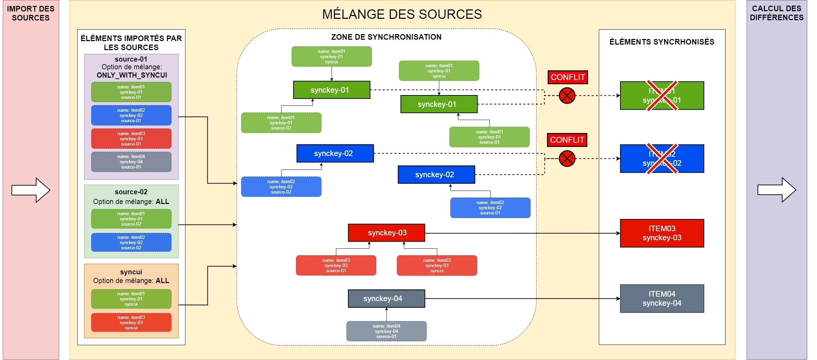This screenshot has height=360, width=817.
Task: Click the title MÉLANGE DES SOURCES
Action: pos(402,14)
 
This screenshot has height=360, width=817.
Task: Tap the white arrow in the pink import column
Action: pos(31,190)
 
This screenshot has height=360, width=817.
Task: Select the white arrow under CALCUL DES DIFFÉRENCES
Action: pos(777,190)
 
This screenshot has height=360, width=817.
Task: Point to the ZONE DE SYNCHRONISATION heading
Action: pos(386,37)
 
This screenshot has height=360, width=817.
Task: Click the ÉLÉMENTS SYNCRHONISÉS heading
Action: pos(662,42)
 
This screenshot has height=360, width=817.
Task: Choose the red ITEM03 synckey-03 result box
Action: pos(662,233)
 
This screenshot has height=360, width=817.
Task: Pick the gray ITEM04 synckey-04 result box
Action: pos(662,299)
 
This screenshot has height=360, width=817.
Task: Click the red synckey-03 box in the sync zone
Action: pos(386,233)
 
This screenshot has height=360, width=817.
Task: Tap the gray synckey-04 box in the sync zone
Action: pos(386,299)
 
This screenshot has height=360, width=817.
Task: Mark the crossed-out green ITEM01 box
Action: pos(662,96)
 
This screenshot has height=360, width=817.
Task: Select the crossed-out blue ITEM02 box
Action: pos(662,159)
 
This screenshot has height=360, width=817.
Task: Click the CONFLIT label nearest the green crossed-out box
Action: pos(568,77)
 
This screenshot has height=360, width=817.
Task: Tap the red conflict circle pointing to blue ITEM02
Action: pos(567,159)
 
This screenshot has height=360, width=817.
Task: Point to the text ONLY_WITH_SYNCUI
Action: pos(132,75)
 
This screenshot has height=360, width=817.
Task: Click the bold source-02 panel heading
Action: pos(131,192)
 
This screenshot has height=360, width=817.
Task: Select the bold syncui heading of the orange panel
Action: pos(131,272)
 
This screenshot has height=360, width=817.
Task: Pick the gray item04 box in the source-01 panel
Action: pos(131,162)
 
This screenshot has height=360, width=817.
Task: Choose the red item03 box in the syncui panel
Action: pos(131,323)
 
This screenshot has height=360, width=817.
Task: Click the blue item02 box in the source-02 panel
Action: pos(131,243)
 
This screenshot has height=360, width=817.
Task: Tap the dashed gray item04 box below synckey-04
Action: pos(386,331)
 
